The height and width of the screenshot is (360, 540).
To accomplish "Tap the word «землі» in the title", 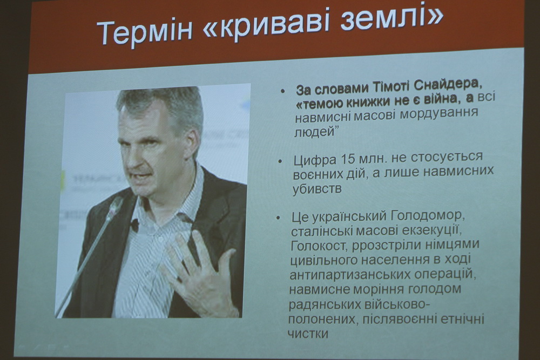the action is pos(382,19).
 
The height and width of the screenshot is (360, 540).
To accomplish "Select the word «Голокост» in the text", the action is pos(319,246).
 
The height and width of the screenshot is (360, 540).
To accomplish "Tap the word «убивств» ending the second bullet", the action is pos(317,188).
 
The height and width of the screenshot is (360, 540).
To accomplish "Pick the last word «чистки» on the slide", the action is pos(308,334).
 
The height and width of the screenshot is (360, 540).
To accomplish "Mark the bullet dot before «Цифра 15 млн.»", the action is pos(280,161).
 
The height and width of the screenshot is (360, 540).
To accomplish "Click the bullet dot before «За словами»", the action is pos(283,91).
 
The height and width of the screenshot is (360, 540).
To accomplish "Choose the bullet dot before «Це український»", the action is pos(278,218).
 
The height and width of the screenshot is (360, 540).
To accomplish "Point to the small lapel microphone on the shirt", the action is pos(134,226).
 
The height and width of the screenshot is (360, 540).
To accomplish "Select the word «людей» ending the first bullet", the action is pos(315,132).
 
